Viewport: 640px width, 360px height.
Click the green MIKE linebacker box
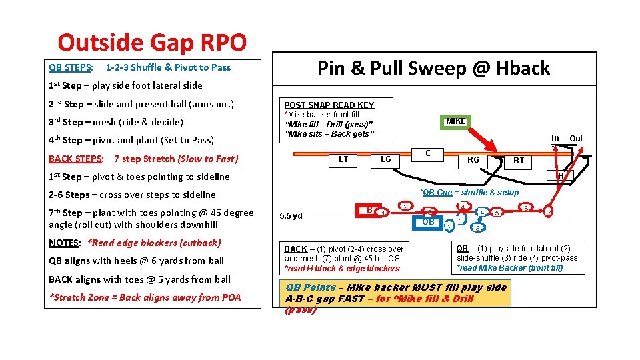[x=456, y=121]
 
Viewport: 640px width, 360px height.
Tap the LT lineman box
[x=343, y=159]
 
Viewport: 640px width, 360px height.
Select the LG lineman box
[x=385, y=159]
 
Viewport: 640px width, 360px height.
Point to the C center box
[x=428, y=154]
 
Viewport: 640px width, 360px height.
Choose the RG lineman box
[x=473, y=160]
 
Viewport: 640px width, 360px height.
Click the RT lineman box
[x=519, y=160]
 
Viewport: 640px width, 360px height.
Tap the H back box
[x=561, y=175]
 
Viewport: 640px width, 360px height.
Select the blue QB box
[x=429, y=221]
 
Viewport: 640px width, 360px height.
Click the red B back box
[x=369, y=210]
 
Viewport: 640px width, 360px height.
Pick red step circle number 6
[x=526, y=208]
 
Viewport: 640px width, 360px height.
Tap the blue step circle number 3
[x=477, y=228]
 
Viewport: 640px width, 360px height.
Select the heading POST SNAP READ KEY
[x=329, y=105]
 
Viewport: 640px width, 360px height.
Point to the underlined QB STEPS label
[x=70, y=67]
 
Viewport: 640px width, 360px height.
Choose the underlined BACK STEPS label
[x=75, y=159]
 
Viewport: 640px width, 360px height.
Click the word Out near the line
[x=575, y=138]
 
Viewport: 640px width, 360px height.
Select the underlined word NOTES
[x=65, y=243]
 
